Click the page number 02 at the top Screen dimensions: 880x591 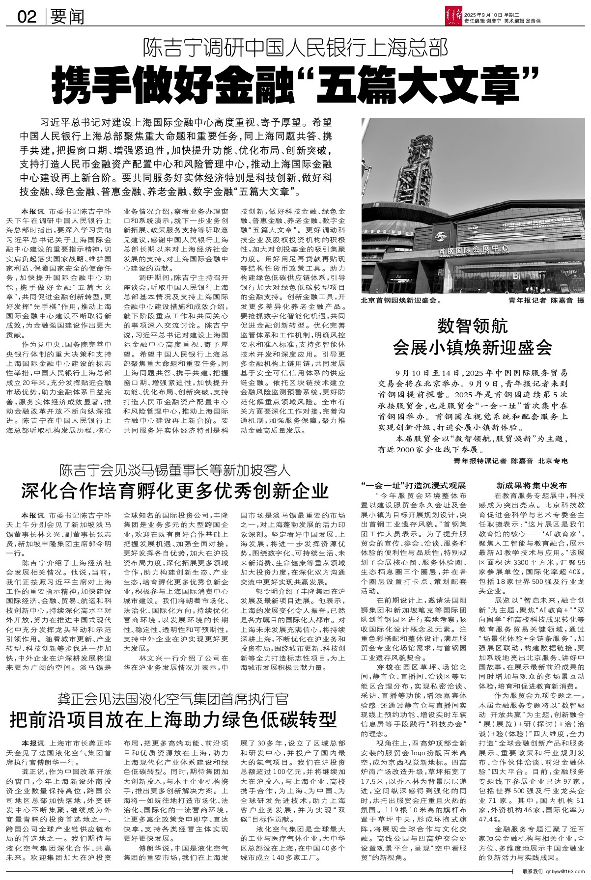[x=28, y=18]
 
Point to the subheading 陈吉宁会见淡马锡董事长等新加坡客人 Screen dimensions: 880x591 [x=175, y=470]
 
